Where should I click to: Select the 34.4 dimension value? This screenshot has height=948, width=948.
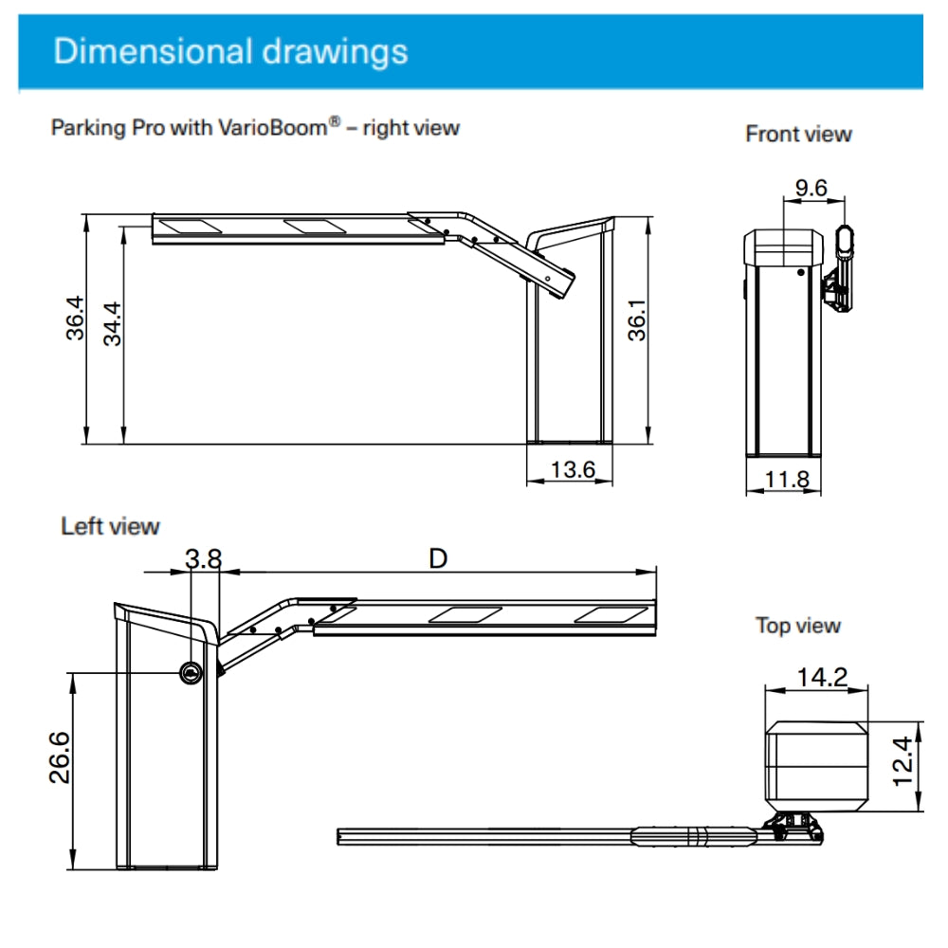click(113, 322)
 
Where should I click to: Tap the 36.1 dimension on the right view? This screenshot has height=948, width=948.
click(637, 322)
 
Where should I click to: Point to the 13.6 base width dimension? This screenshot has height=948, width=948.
click(573, 468)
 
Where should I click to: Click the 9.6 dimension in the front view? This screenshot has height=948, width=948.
click(811, 188)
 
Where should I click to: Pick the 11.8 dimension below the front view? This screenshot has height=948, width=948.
click(787, 479)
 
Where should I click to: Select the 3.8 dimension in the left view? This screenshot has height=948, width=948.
click(203, 558)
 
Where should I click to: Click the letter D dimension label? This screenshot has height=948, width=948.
click(437, 558)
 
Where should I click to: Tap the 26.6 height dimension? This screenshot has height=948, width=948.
click(60, 757)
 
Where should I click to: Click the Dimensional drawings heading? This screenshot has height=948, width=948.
click(230, 51)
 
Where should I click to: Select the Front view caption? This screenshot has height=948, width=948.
click(798, 134)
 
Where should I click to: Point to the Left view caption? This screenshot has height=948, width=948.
click(110, 525)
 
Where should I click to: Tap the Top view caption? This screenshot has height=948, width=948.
click(797, 626)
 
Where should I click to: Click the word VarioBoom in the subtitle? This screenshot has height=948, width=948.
click(274, 127)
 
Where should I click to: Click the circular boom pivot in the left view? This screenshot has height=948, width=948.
click(191, 672)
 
